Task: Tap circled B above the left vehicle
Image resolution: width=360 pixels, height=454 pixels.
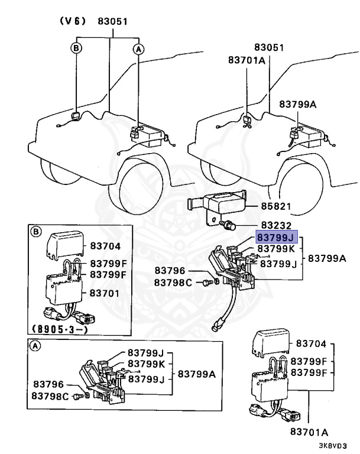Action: [x=76, y=49]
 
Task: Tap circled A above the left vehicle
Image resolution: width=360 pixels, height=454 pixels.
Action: [x=138, y=49]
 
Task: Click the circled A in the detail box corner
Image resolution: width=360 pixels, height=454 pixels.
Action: [x=36, y=348]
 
